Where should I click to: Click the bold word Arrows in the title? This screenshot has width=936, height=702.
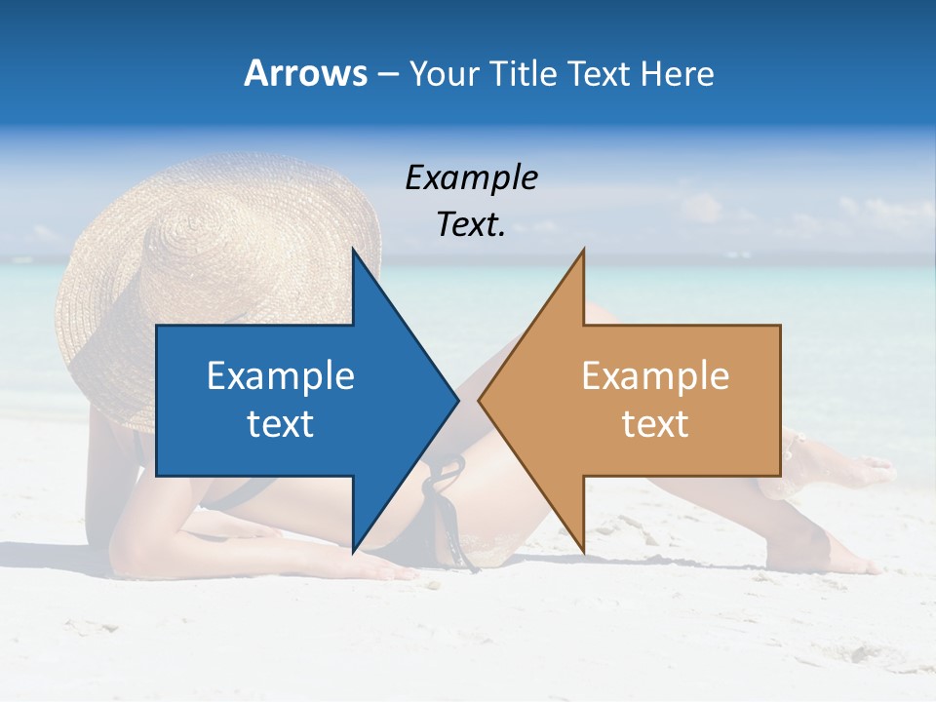pyautogui.click(x=305, y=73)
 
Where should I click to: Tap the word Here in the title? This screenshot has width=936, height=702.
pyautogui.click(x=677, y=73)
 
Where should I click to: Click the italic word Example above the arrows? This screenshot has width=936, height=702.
pyautogui.click(x=471, y=177)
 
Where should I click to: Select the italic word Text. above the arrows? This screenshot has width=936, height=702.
pyautogui.click(x=471, y=225)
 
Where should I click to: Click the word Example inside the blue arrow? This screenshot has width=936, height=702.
pyautogui.click(x=281, y=376)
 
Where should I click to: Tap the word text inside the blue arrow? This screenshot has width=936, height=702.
pyautogui.click(x=281, y=424)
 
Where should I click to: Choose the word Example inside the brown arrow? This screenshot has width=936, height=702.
pyautogui.click(x=655, y=376)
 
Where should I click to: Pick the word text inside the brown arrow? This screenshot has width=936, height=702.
pyautogui.click(x=655, y=424)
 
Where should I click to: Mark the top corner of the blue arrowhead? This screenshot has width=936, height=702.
pyautogui.click(x=354, y=252)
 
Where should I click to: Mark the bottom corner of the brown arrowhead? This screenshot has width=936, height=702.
pyautogui.click(x=582, y=549)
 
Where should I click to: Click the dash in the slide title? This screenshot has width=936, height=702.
pyautogui.click(x=387, y=74)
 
